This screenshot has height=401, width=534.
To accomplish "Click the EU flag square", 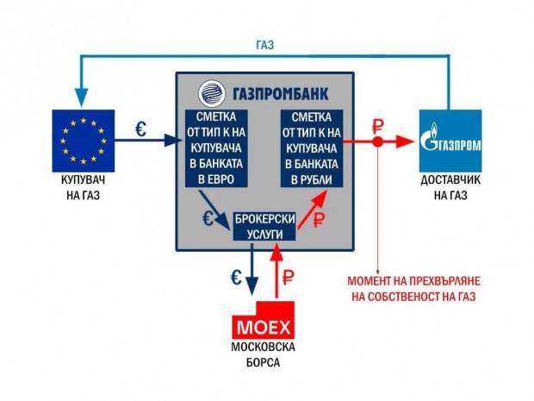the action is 83,141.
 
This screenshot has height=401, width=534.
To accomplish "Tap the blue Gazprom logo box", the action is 450,141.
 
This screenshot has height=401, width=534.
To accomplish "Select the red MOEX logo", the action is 264,320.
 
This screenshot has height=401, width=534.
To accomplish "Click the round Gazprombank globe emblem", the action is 212,93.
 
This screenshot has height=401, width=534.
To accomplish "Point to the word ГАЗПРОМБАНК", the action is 281,94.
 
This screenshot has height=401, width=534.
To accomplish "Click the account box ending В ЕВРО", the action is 216,148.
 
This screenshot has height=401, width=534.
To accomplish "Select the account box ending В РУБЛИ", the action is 312,148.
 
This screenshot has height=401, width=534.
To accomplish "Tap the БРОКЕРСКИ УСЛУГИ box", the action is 264,227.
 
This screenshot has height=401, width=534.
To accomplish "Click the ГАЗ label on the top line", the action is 265,45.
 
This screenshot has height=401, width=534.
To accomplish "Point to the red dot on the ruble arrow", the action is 377,141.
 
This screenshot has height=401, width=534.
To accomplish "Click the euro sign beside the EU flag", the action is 141,129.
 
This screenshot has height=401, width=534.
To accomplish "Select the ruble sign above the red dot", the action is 378,127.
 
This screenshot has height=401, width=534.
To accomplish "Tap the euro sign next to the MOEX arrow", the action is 236,278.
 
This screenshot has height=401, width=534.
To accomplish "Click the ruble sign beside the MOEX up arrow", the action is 288,277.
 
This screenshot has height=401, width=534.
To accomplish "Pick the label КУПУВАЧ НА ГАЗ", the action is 83,187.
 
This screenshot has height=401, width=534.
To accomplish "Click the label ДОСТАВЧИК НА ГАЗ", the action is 450,187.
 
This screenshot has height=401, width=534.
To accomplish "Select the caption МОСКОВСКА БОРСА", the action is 264,354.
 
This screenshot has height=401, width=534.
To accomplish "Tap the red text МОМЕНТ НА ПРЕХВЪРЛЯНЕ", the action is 413,281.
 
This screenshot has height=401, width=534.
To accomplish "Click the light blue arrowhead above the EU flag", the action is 82,97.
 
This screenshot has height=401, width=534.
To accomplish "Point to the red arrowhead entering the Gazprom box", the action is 407,141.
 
